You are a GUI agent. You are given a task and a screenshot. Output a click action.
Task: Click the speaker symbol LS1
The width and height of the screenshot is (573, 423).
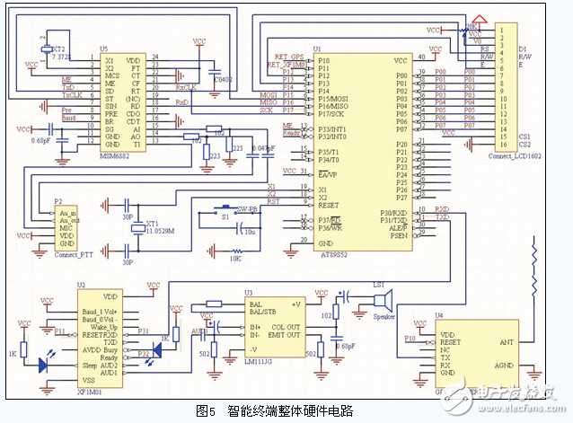coord(382,298)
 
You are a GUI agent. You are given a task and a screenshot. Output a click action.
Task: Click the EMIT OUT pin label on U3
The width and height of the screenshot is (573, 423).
coord(285,336)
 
